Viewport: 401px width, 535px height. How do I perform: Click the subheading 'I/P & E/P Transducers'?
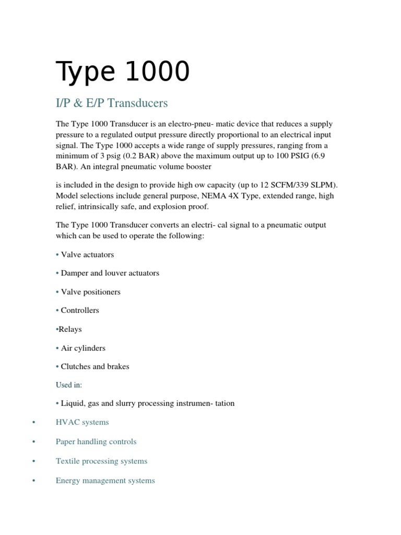pos(112,103)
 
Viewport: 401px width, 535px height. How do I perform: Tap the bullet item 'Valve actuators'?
pos(87,254)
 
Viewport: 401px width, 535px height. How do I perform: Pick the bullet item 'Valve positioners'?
pos(90,292)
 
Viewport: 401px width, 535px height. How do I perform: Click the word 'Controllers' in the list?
pos(80,310)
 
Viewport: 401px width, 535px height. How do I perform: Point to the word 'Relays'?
pos(70,329)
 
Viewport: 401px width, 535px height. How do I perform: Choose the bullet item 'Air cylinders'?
pos(83,348)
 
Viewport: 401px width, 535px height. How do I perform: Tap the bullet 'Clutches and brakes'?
pos(95,366)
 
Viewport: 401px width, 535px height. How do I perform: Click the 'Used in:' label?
pos(69,385)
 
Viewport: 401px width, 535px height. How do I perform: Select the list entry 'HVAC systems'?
pos(82,422)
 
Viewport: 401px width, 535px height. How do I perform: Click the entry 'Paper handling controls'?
pos(96,441)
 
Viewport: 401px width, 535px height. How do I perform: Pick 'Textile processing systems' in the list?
pos(101,461)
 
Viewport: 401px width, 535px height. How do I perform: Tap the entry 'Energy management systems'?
pos(105,480)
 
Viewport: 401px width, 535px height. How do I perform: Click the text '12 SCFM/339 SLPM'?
pos(296,185)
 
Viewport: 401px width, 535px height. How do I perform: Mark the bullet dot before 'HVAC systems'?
pos(33,422)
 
